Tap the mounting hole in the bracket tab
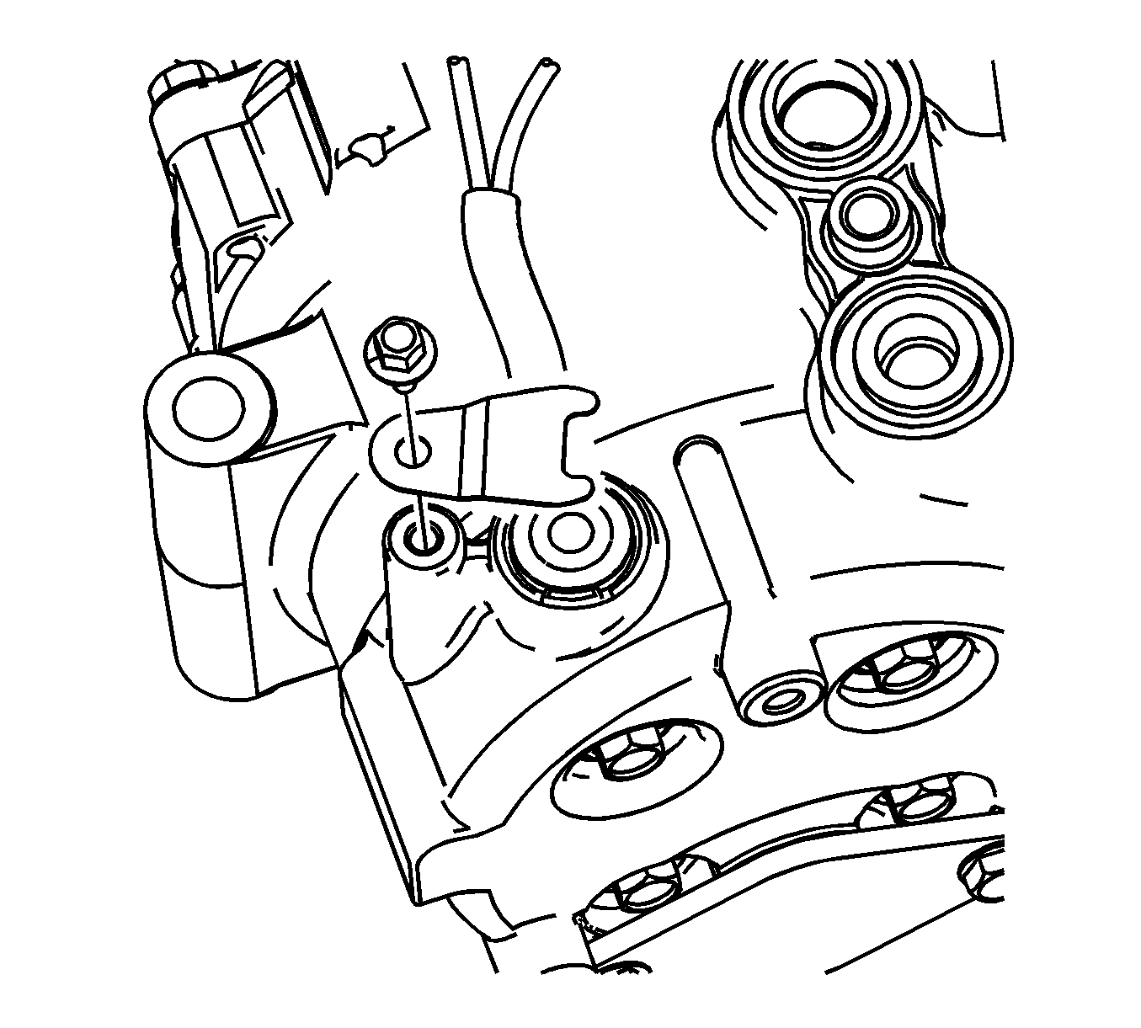click(413, 451)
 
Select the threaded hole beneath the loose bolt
click(423, 536)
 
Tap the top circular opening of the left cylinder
click(208, 407)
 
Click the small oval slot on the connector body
click(243, 248)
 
